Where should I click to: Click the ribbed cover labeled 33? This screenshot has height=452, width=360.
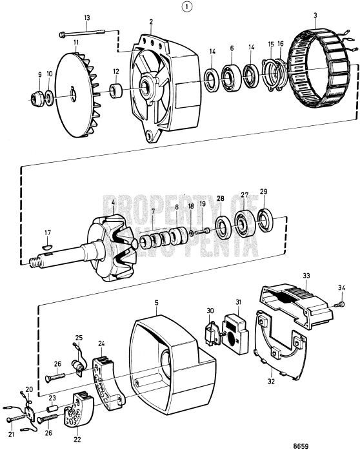(297, 306)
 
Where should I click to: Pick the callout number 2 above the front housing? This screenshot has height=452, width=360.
(151, 21)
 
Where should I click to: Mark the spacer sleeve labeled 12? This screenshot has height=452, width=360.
(116, 90)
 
